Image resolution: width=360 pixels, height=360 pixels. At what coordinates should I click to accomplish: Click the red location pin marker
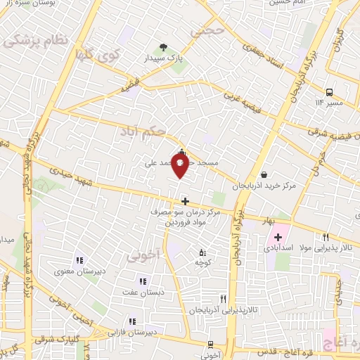pos(181,166)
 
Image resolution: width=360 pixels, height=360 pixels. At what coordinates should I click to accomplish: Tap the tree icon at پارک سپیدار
pos(164,48)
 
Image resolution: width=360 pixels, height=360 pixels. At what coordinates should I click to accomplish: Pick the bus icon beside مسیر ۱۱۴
pos(329,92)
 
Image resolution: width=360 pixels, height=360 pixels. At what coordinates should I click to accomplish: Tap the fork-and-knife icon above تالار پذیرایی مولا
pos(325,237)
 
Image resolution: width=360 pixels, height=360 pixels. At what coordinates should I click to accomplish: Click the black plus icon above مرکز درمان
pos(185,201)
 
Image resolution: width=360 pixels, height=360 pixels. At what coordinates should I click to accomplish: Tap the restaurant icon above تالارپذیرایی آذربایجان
pos(222,298)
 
